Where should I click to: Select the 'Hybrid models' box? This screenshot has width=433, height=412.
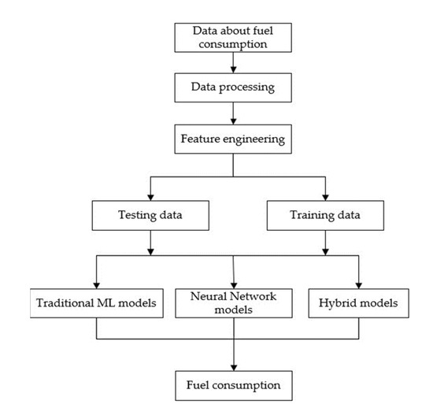click(359, 303)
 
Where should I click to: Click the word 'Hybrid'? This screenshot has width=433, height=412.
click(340, 303)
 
